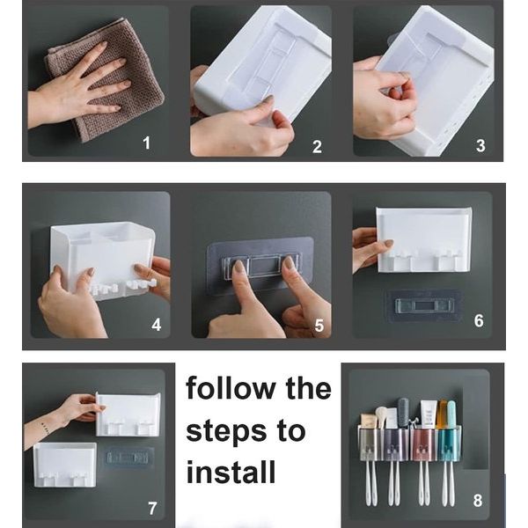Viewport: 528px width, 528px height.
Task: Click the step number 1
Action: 146,143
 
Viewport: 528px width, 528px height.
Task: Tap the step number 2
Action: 317,147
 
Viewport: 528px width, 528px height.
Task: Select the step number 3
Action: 480,145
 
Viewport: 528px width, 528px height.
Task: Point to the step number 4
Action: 157,325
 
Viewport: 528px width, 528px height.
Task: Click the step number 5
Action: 319,326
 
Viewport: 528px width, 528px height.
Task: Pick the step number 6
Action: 480,320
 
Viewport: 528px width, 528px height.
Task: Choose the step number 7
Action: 152,509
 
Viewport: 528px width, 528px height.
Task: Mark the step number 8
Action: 478,501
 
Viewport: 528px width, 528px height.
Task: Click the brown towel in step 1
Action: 107,81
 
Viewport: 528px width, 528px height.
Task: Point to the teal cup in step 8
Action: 449,444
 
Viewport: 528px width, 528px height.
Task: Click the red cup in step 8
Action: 424,444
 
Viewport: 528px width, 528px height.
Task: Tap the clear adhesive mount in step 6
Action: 423,305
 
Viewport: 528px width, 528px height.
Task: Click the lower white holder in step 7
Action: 65,465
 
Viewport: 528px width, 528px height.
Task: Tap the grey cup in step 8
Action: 370,444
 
